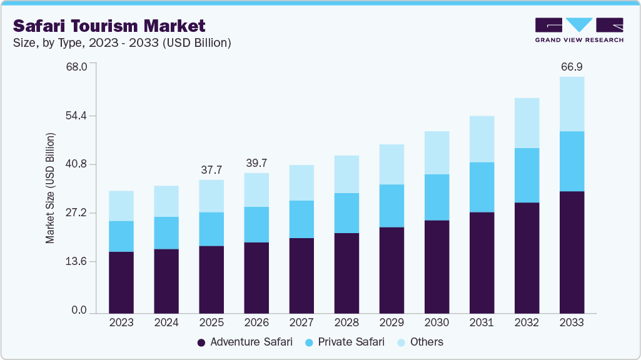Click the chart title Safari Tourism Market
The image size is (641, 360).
109,26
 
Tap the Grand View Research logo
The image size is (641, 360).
578,30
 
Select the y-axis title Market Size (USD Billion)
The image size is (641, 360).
50,188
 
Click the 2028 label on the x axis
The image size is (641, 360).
346,323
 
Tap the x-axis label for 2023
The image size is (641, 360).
121,323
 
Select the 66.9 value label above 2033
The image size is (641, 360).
572,66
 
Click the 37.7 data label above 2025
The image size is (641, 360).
211,170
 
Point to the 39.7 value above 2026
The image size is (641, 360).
256,163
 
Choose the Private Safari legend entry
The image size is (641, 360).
345,342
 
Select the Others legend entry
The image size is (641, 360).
420,342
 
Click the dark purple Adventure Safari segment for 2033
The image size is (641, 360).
572,252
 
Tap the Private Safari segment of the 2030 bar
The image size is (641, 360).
437,197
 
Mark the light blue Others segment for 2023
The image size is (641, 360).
121,206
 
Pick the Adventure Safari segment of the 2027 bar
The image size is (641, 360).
301,275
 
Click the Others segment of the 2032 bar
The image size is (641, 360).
527,123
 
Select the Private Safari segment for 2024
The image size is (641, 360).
166,233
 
